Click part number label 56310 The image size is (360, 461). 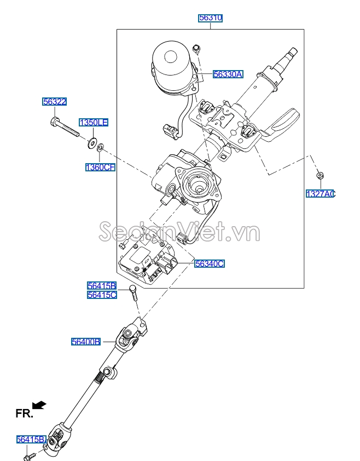(210, 18)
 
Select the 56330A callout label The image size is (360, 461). (228, 74)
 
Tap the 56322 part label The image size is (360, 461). (55, 101)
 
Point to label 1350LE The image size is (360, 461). (94, 123)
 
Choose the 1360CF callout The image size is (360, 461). (100, 168)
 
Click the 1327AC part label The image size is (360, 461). (320, 194)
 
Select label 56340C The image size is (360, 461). (210, 264)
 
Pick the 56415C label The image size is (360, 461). (102, 295)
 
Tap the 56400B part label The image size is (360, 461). (86, 342)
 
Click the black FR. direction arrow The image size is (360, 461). (39, 405)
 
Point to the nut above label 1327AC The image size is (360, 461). (318, 175)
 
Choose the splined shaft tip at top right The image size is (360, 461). (290, 54)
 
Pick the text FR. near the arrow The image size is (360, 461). (24, 413)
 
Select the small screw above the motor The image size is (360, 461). (198, 49)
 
